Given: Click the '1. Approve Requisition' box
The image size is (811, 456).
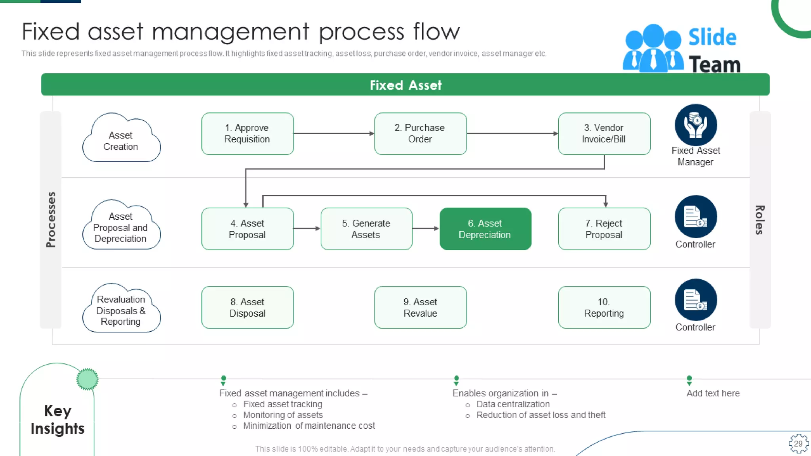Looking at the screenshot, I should (247, 134).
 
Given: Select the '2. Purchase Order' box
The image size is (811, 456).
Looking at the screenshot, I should (420, 134).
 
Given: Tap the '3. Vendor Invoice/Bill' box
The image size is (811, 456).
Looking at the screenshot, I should (604, 134).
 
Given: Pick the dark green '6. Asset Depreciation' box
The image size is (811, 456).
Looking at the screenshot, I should (485, 229).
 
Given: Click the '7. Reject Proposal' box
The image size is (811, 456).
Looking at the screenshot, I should (604, 229).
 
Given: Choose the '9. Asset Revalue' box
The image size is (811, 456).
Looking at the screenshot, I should (420, 308).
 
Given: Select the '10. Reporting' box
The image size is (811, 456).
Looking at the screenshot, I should (604, 308).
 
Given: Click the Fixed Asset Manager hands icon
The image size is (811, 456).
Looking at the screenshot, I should (696, 125).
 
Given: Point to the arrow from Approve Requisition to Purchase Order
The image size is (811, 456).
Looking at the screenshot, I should (333, 134).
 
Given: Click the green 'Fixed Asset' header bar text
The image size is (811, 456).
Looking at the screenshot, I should (405, 85).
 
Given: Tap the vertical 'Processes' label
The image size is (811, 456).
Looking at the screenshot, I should (51, 220).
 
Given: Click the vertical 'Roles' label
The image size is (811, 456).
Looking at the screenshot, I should (759, 220).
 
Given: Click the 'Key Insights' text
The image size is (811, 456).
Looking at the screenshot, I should (57, 420).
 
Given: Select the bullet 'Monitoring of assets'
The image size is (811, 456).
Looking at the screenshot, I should (283, 415).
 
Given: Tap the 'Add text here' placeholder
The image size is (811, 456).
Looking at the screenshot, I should (713, 393).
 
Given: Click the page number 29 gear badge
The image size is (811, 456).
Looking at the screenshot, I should (798, 443).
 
